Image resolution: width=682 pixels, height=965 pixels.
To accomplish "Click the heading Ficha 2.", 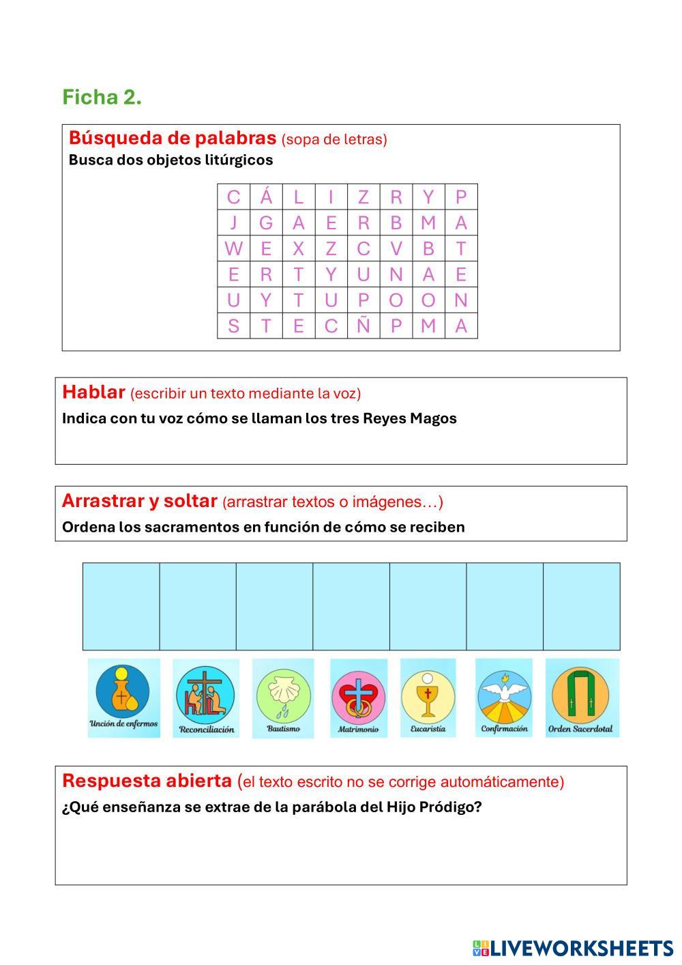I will [102, 97].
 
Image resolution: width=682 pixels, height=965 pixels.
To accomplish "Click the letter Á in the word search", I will [266, 197].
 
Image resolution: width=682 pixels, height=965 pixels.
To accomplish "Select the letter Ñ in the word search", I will [363, 326].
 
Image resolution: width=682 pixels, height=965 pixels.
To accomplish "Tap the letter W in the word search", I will [233, 248].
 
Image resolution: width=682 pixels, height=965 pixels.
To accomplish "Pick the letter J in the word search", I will [233, 222].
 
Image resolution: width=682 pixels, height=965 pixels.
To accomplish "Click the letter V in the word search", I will [396, 248].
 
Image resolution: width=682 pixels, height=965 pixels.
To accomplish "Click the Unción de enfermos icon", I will [123, 697].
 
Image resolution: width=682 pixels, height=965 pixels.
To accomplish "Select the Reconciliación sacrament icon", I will [206, 697].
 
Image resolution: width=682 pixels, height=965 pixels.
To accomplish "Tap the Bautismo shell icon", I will [283, 697].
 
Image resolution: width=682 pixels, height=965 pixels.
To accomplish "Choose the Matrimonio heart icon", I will [358, 697].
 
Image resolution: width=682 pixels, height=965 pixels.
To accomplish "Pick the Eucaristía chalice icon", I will [428, 695].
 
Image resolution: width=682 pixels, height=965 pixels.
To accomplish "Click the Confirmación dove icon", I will [503, 695].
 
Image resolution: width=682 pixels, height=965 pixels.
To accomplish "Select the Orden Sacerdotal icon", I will [581, 697].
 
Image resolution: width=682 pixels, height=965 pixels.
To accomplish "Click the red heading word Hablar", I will [93, 392].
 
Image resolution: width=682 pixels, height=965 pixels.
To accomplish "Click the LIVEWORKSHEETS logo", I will [573, 947].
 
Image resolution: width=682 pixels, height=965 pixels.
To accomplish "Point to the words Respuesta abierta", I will [147, 781].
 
